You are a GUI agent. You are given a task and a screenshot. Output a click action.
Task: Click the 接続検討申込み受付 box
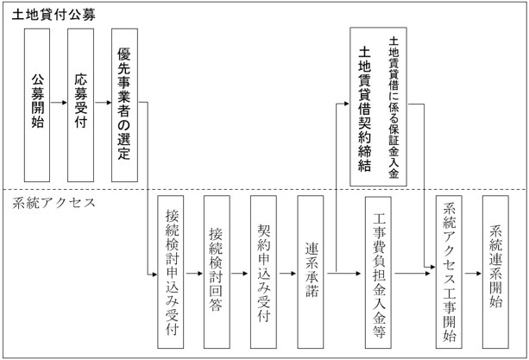pos(171,272)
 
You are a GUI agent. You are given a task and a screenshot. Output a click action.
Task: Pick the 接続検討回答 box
pos(217,272)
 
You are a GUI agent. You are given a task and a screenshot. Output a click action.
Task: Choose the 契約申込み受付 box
pos(263,272)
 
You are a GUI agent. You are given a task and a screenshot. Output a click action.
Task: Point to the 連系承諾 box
pos(310,272)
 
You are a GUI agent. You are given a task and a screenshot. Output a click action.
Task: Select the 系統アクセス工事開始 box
pos(450,272)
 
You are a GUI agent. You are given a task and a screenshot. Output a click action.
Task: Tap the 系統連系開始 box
pos(495,272)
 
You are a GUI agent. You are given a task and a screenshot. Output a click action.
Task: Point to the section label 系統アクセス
pos(54,205)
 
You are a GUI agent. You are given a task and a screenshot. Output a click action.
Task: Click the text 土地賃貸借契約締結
pos(364,108)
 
